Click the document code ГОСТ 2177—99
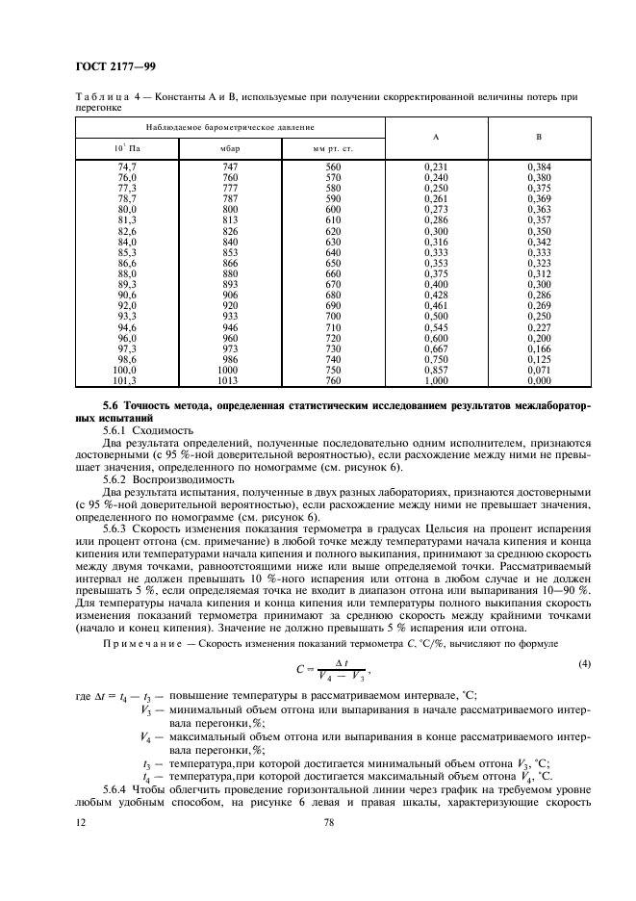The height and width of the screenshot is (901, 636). coord(114,66)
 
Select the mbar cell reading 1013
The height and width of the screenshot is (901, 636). coord(229,380)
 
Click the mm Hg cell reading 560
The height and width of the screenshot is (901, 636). coord(333,167)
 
